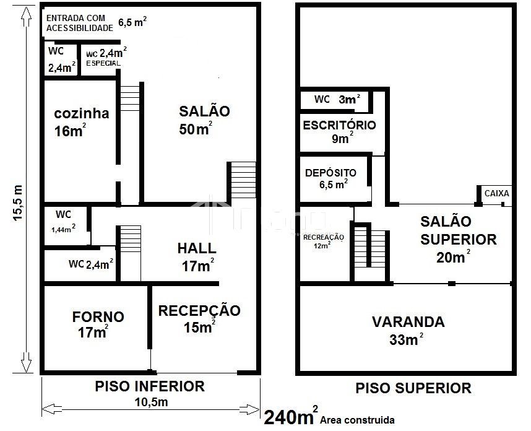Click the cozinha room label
(82, 113)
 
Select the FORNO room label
(98, 317)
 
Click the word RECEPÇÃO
(199, 311)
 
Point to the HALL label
(197, 248)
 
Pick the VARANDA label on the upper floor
(408, 322)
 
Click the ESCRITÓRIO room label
(339, 125)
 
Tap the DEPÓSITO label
(330, 173)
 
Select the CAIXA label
(497, 193)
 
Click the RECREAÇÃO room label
(324, 237)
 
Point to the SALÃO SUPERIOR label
(459, 230)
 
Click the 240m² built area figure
(291, 416)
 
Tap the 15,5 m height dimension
(17, 203)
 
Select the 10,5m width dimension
(152, 402)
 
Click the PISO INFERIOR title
(150, 386)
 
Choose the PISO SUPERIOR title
(413, 388)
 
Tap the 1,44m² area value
(63, 229)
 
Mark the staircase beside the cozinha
(130, 98)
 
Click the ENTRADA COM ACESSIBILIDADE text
(80, 23)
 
